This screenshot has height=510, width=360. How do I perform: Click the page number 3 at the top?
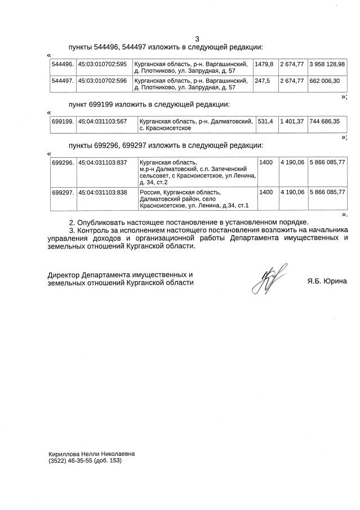point(197,39)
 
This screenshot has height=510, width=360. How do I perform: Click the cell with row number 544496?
point(62,64)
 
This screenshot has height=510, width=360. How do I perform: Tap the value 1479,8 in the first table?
point(264,64)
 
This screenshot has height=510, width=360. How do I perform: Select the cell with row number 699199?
point(63,121)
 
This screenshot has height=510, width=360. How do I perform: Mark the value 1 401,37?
point(292,121)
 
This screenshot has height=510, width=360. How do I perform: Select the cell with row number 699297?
point(63,192)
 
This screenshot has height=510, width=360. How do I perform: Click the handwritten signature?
point(269,278)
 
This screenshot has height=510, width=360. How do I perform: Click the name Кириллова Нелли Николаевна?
point(92,453)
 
